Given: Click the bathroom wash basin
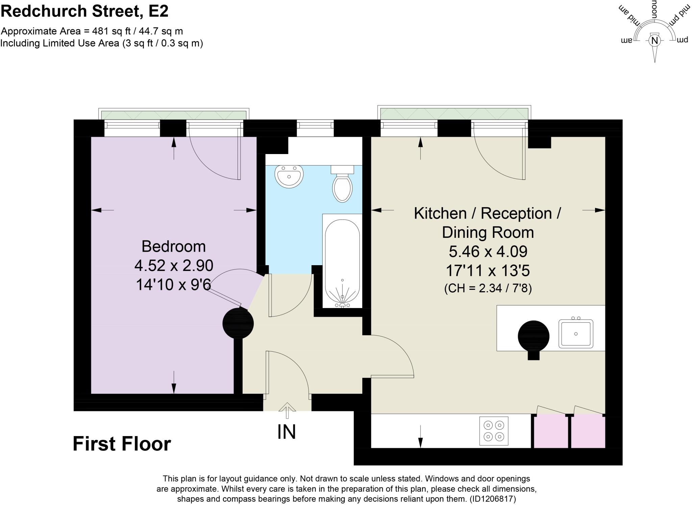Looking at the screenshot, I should [289, 176].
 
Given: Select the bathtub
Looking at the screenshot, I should [342, 262].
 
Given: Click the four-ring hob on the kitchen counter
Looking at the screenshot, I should [494, 431].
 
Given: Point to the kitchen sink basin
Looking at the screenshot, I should [576, 333].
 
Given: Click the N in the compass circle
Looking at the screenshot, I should [655, 41].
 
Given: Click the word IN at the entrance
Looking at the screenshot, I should [287, 432].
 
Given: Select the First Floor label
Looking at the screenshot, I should [122, 444].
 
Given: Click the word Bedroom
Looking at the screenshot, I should [173, 246].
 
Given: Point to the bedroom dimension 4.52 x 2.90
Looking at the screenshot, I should [174, 266].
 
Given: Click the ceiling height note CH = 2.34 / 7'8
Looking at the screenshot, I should [488, 288].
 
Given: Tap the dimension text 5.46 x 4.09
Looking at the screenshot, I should [488, 252].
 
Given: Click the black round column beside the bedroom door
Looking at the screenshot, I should [238, 323].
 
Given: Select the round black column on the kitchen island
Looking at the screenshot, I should [534, 336].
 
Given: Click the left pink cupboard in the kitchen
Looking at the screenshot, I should [550, 431].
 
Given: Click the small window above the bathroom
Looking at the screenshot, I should [315, 125].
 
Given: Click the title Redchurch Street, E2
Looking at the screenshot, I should [84, 11].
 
